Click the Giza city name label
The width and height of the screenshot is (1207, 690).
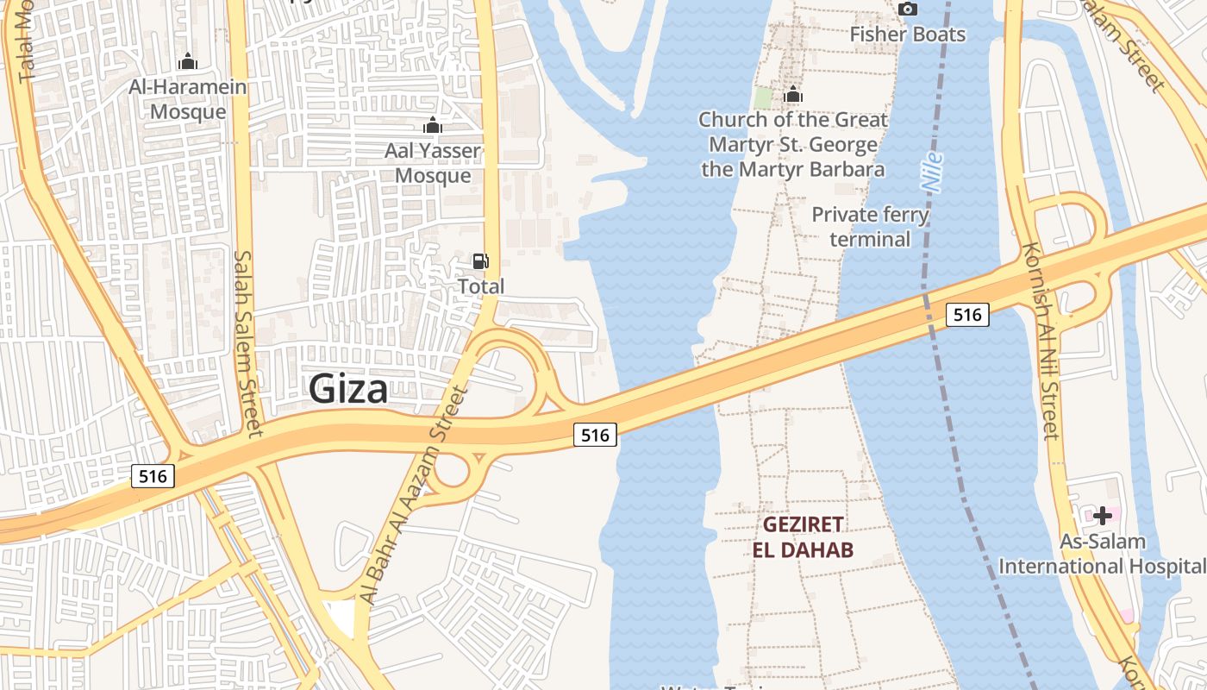(x=348, y=389)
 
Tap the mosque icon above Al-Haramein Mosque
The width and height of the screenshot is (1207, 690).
(x=187, y=62)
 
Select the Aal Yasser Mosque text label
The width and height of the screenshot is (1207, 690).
(x=433, y=163)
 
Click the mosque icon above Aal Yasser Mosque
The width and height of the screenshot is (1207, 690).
(x=433, y=126)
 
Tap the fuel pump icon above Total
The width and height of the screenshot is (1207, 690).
(x=480, y=260)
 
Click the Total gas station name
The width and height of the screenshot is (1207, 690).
(x=481, y=286)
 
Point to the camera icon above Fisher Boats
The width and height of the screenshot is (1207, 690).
(x=907, y=9)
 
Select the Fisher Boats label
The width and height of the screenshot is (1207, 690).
(x=907, y=34)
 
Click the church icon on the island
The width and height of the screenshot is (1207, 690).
(x=793, y=95)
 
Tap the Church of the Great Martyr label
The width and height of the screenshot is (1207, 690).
(x=793, y=144)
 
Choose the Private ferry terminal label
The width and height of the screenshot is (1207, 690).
(x=871, y=226)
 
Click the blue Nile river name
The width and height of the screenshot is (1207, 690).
(x=932, y=172)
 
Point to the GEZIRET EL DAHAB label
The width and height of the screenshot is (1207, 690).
(x=803, y=537)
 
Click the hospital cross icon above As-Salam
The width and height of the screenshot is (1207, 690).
(x=1102, y=516)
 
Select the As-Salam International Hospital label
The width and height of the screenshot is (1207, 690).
(x=1102, y=554)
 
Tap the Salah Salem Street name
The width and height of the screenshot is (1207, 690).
(x=247, y=343)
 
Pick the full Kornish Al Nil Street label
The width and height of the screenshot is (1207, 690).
(x=1040, y=341)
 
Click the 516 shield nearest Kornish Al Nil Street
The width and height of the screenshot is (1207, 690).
(x=967, y=315)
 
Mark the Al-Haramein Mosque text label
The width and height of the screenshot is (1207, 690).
(x=188, y=99)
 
